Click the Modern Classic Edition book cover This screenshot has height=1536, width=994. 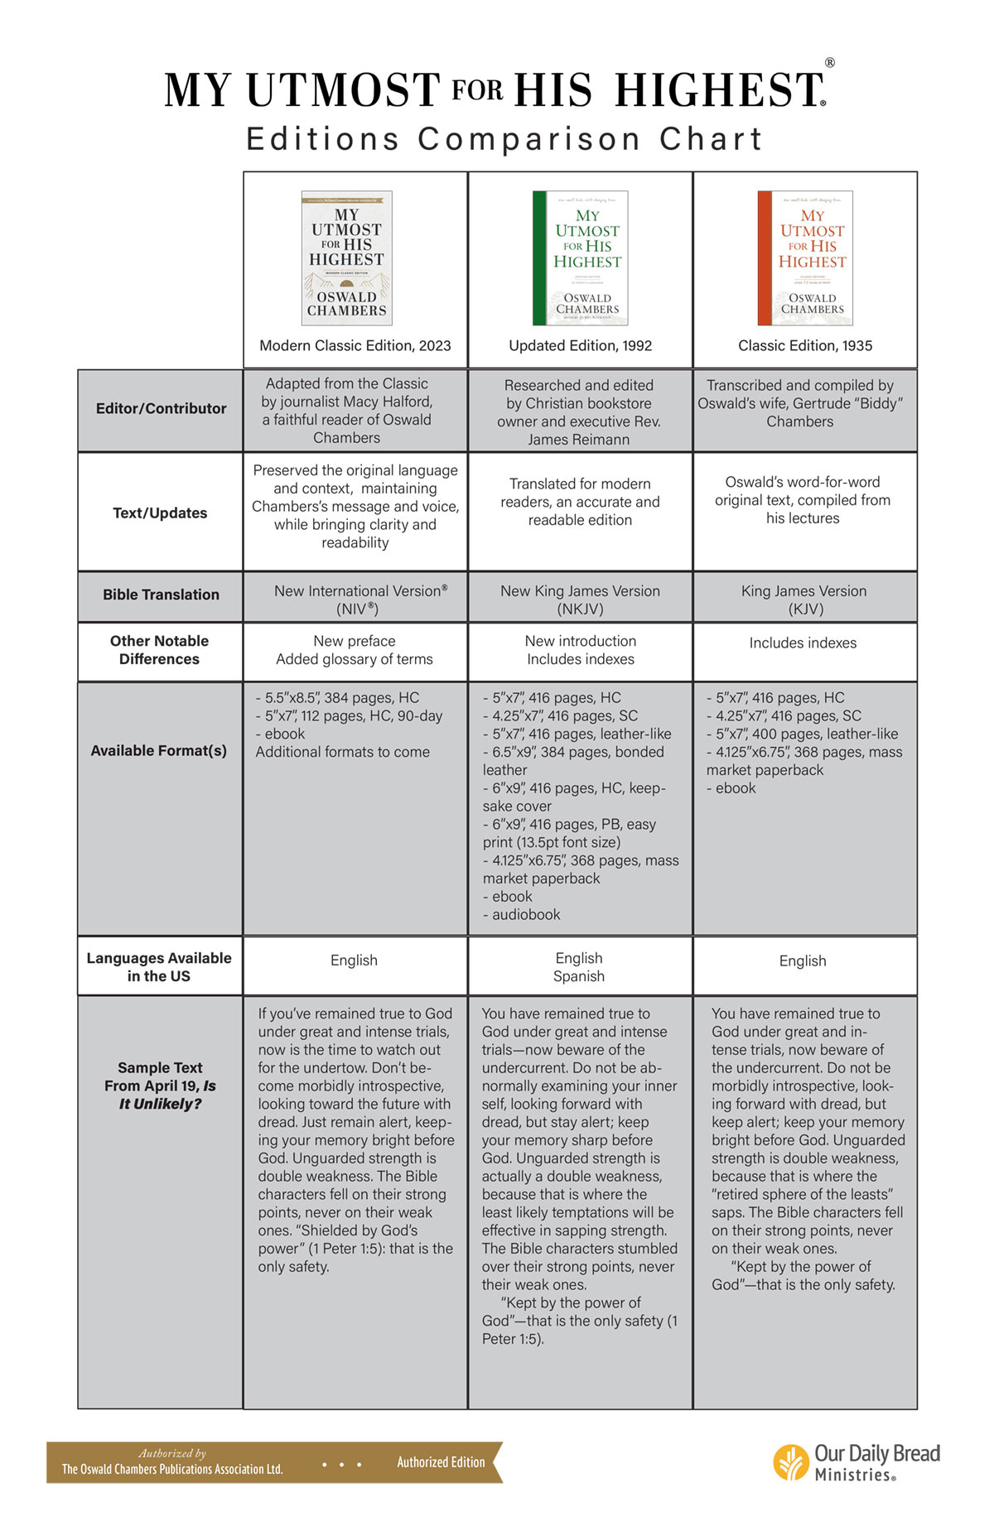[x=346, y=258]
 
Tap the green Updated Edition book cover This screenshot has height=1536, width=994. [x=580, y=258]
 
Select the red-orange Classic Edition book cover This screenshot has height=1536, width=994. [x=805, y=258]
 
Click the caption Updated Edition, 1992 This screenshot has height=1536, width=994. [x=580, y=345]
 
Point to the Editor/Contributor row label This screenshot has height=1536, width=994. [x=161, y=408]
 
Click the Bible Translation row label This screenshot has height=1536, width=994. [x=161, y=595]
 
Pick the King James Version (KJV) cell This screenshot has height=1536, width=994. [x=803, y=599]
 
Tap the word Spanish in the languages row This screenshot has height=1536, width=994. [x=579, y=976]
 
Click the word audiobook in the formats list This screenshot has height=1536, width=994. [x=526, y=915]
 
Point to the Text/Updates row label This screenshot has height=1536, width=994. [x=160, y=513]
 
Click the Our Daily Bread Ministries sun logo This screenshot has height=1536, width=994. [x=791, y=1462]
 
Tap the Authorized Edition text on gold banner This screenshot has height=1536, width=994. [x=441, y=1462]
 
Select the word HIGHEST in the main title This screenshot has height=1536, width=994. [x=718, y=90]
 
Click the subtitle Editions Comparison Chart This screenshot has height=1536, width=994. [x=504, y=139]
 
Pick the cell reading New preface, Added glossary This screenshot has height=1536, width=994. [x=355, y=650]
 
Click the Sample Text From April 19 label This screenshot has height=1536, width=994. [x=160, y=1086]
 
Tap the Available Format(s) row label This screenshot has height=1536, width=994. [x=158, y=750]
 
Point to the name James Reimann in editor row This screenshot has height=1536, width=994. [x=578, y=440]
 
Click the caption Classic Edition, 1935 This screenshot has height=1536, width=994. [x=805, y=345]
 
